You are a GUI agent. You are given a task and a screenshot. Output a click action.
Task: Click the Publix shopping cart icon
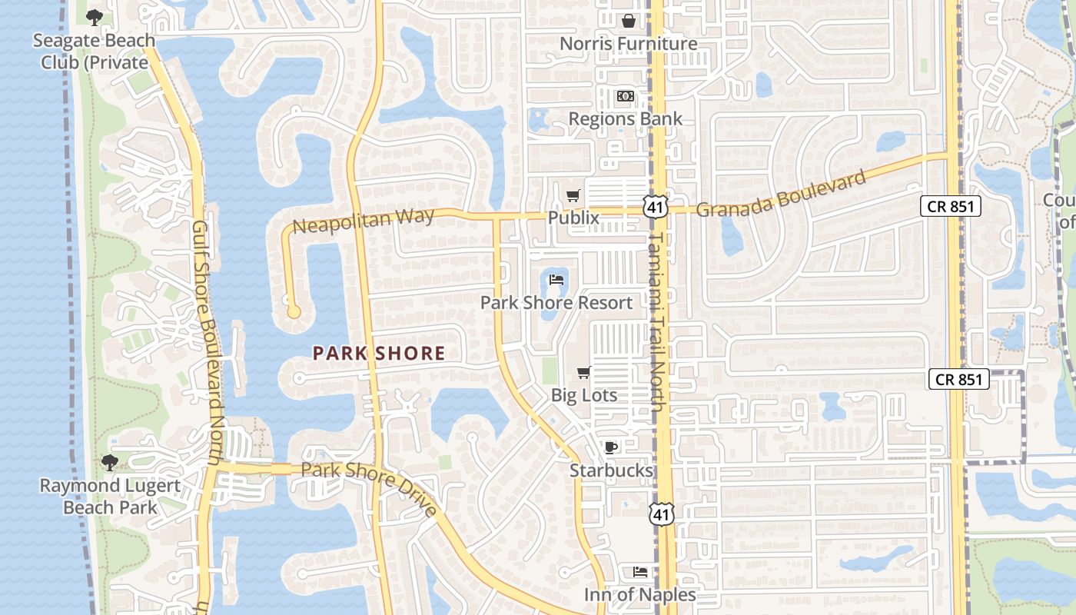[573, 196]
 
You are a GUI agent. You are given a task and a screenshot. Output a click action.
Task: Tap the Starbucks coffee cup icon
[611, 447]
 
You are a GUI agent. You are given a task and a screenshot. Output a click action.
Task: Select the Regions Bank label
[626, 119]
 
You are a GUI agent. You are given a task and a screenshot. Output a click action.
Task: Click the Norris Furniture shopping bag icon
[628, 21]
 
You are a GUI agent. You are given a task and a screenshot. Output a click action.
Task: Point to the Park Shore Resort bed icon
[557, 280]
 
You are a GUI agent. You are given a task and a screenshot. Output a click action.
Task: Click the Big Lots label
[584, 395]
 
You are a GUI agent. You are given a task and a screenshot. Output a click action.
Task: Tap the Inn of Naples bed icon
[639, 572]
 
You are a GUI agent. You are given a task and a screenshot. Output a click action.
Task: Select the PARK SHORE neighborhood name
[379, 354]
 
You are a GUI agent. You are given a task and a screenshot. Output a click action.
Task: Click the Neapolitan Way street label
[364, 221]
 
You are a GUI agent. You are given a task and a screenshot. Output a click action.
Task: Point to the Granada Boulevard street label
[781, 193]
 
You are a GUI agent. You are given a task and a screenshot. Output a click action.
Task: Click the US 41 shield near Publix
[656, 205]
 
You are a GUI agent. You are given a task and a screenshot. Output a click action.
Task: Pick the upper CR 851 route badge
[951, 206]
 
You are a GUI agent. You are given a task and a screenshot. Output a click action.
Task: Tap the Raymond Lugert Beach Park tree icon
[110, 463]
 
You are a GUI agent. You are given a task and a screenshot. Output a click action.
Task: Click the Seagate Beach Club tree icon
[94, 17]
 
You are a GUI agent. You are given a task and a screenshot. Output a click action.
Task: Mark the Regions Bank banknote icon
[626, 97]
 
